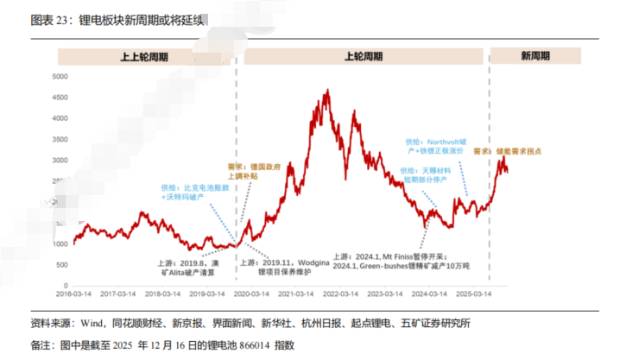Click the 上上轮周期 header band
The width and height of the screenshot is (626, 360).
point(144,57)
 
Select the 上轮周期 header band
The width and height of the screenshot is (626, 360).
point(363,57)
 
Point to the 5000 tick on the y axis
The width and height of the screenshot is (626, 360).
point(59,77)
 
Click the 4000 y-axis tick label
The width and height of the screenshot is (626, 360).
point(59,118)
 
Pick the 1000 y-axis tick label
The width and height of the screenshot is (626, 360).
point(59,244)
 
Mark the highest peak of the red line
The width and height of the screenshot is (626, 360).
point(326,90)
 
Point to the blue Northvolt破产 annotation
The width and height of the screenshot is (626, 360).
point(434,144)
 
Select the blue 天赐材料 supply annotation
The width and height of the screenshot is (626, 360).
point(427,176)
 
